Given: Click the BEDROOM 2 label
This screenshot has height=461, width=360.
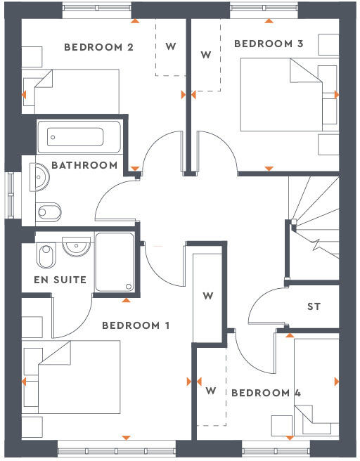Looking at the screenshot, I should coord(98,48).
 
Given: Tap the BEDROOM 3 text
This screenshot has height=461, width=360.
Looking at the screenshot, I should coord(269,44).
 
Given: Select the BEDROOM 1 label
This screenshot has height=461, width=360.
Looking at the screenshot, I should coord(136,325).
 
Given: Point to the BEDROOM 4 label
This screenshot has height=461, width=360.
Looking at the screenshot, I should coord(266,393).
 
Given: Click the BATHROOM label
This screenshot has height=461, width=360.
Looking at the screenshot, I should coord(84,165).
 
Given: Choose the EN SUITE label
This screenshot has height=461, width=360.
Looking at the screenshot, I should coord(60,280).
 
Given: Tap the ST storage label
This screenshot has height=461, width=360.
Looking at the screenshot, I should coord(314,307).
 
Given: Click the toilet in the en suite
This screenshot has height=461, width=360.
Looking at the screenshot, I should coord(44,255).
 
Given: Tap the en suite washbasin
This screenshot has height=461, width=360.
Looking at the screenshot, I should coord(76,246).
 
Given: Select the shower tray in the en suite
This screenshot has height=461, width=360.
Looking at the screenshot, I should coord(115,262).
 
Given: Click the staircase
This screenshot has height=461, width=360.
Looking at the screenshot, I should coord(313,225).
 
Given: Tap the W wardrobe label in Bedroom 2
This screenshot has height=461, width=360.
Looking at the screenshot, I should coord(170,47).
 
